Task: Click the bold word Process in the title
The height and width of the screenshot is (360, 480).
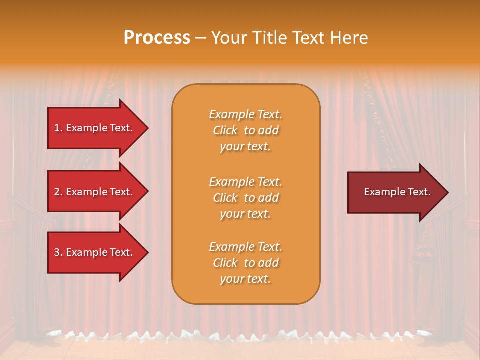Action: click(157, 37)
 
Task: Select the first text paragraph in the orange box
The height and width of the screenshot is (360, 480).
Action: click(245, 130)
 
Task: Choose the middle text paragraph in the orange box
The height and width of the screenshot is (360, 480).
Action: click(245, 198)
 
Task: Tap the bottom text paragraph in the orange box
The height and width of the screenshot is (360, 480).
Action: click(245, 263)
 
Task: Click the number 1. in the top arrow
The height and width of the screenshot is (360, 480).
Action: click(58, 128)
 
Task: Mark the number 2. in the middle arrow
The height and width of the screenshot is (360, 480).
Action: click(58, 192)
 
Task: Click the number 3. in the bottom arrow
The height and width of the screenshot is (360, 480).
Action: click(58, 252)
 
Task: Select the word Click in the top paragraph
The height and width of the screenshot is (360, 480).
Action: click(225, 130)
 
